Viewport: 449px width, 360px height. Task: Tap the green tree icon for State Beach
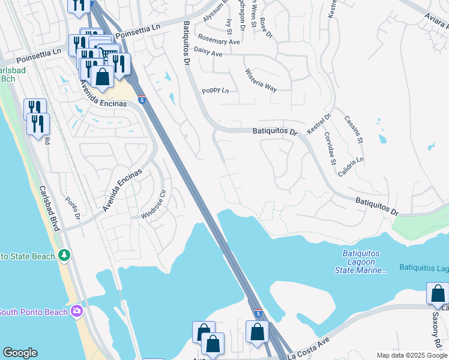(x=64, y=256)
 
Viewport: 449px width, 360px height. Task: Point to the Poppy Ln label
(x=215, y=91)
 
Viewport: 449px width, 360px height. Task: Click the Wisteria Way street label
(x=261, y=80)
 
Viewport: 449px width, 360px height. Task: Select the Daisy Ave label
(x=209, y=54)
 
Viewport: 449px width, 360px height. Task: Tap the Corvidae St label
(x=329, y=148)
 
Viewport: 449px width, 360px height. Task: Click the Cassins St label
(x=354, y=128)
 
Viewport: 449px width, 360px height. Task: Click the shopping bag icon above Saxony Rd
(x=437, y=293)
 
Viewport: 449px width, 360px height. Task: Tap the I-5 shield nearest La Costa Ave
(x=258, y=314)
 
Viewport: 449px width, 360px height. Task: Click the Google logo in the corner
(x=20, y=353)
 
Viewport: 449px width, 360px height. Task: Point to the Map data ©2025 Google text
(x=412, y=355)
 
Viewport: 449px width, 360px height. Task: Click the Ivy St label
(x=229, y=26)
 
